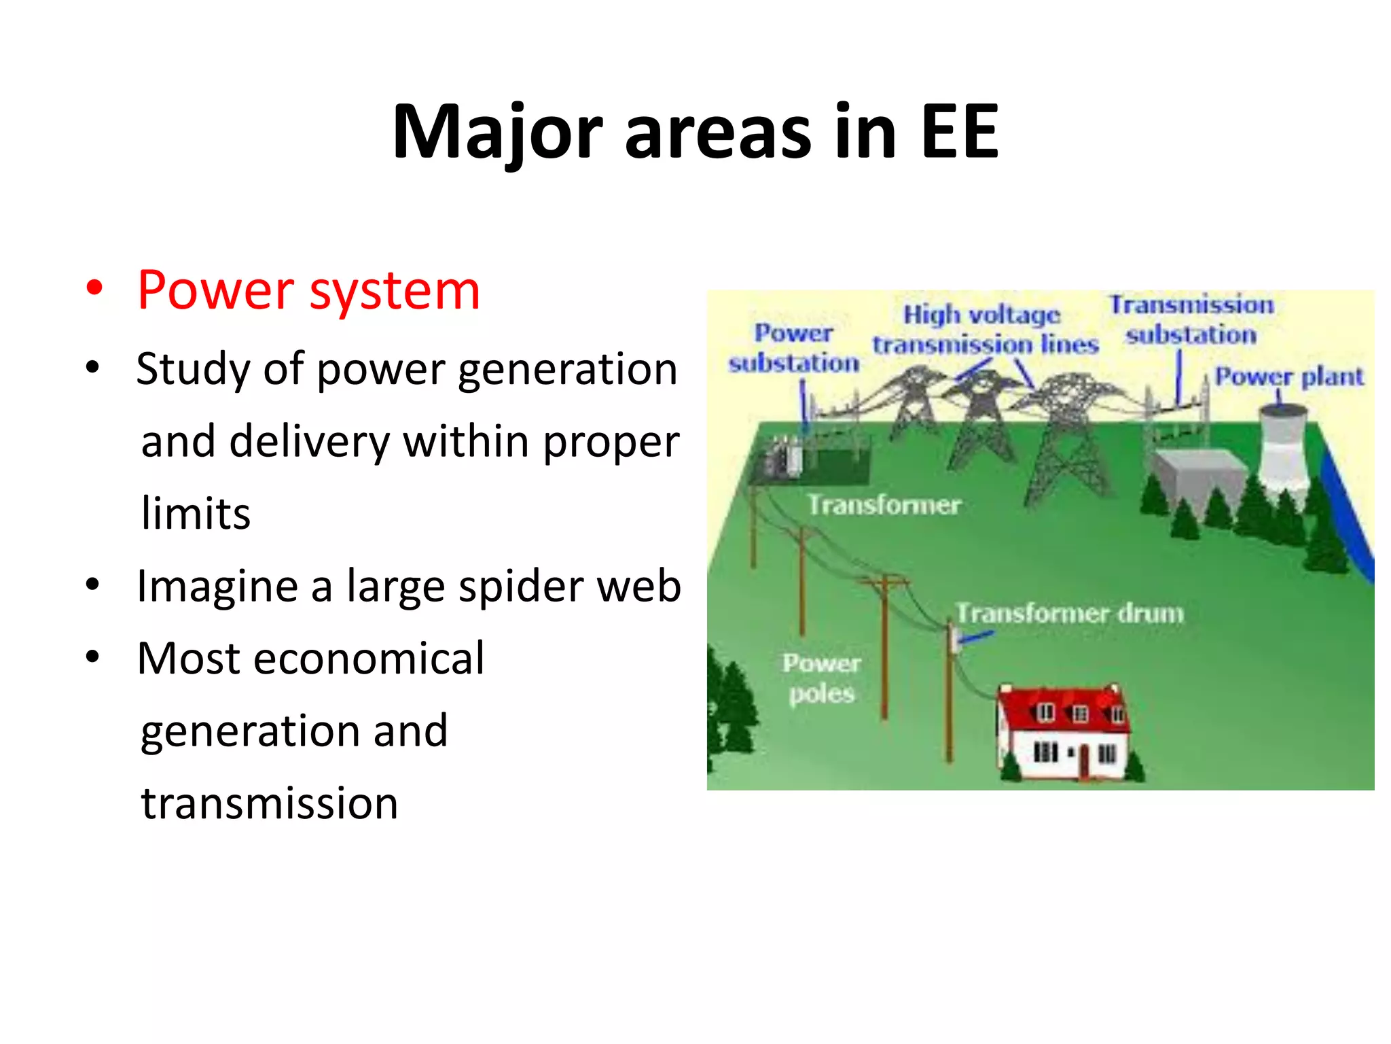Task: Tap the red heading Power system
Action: click(308, 291)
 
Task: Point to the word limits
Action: click(196, 513)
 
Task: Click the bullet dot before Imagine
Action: click(93, 585)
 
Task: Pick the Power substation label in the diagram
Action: click(793, 348)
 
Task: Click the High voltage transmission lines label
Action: click(984, 330)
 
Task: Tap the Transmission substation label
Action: click(1191, 319)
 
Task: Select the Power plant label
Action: click(1288, 376)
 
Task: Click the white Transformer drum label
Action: click(1069, 613)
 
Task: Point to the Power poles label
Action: click(821, 678)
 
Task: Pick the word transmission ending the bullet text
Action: click(269, 803)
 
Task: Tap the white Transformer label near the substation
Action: click(884, 505)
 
